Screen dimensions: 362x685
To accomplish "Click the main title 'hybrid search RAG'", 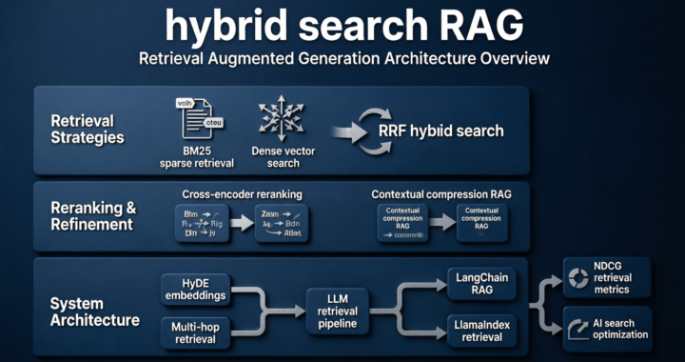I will (x=342, y=26).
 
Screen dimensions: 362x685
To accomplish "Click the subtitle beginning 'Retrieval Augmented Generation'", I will (x=342, y=59).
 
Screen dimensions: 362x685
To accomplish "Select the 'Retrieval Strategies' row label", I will (x=88, y=129).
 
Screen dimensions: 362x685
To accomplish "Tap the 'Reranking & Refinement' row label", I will (x=92, y=216).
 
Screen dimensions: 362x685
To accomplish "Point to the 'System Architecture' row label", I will (x=94, y=312).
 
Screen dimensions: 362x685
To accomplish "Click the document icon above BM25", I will (x=193, y=117).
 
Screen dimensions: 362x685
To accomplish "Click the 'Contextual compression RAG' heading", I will (x=441, y=194).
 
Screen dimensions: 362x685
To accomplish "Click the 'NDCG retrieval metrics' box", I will (x=607, y=276).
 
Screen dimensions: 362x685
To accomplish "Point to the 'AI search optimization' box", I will (x=607, y=329).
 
